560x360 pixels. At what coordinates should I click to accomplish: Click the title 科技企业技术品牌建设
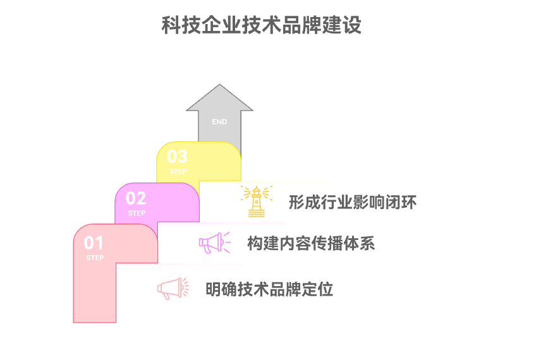pos(262,25)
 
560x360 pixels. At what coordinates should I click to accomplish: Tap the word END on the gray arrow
pos(219,122)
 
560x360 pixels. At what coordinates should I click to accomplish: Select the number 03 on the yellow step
pos(178,156)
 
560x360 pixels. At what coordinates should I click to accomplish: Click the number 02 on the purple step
pos(137,198)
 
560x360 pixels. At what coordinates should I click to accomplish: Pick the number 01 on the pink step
pos(94,243)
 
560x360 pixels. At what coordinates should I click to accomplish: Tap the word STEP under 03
pos(178,172)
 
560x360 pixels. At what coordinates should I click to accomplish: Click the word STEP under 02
pos(137,213)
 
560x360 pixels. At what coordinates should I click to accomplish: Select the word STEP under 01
pos(95,258)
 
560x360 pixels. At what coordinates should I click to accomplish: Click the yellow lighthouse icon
pos(257,201)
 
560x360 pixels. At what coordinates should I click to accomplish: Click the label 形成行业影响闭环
pos(353,203)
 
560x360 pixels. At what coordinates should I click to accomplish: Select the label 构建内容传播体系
pos(311,244)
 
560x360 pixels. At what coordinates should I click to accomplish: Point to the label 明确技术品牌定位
pos(269,290)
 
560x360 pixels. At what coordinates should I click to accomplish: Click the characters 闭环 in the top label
pos(403,203)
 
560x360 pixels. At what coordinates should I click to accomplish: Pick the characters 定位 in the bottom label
pos(319,290)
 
